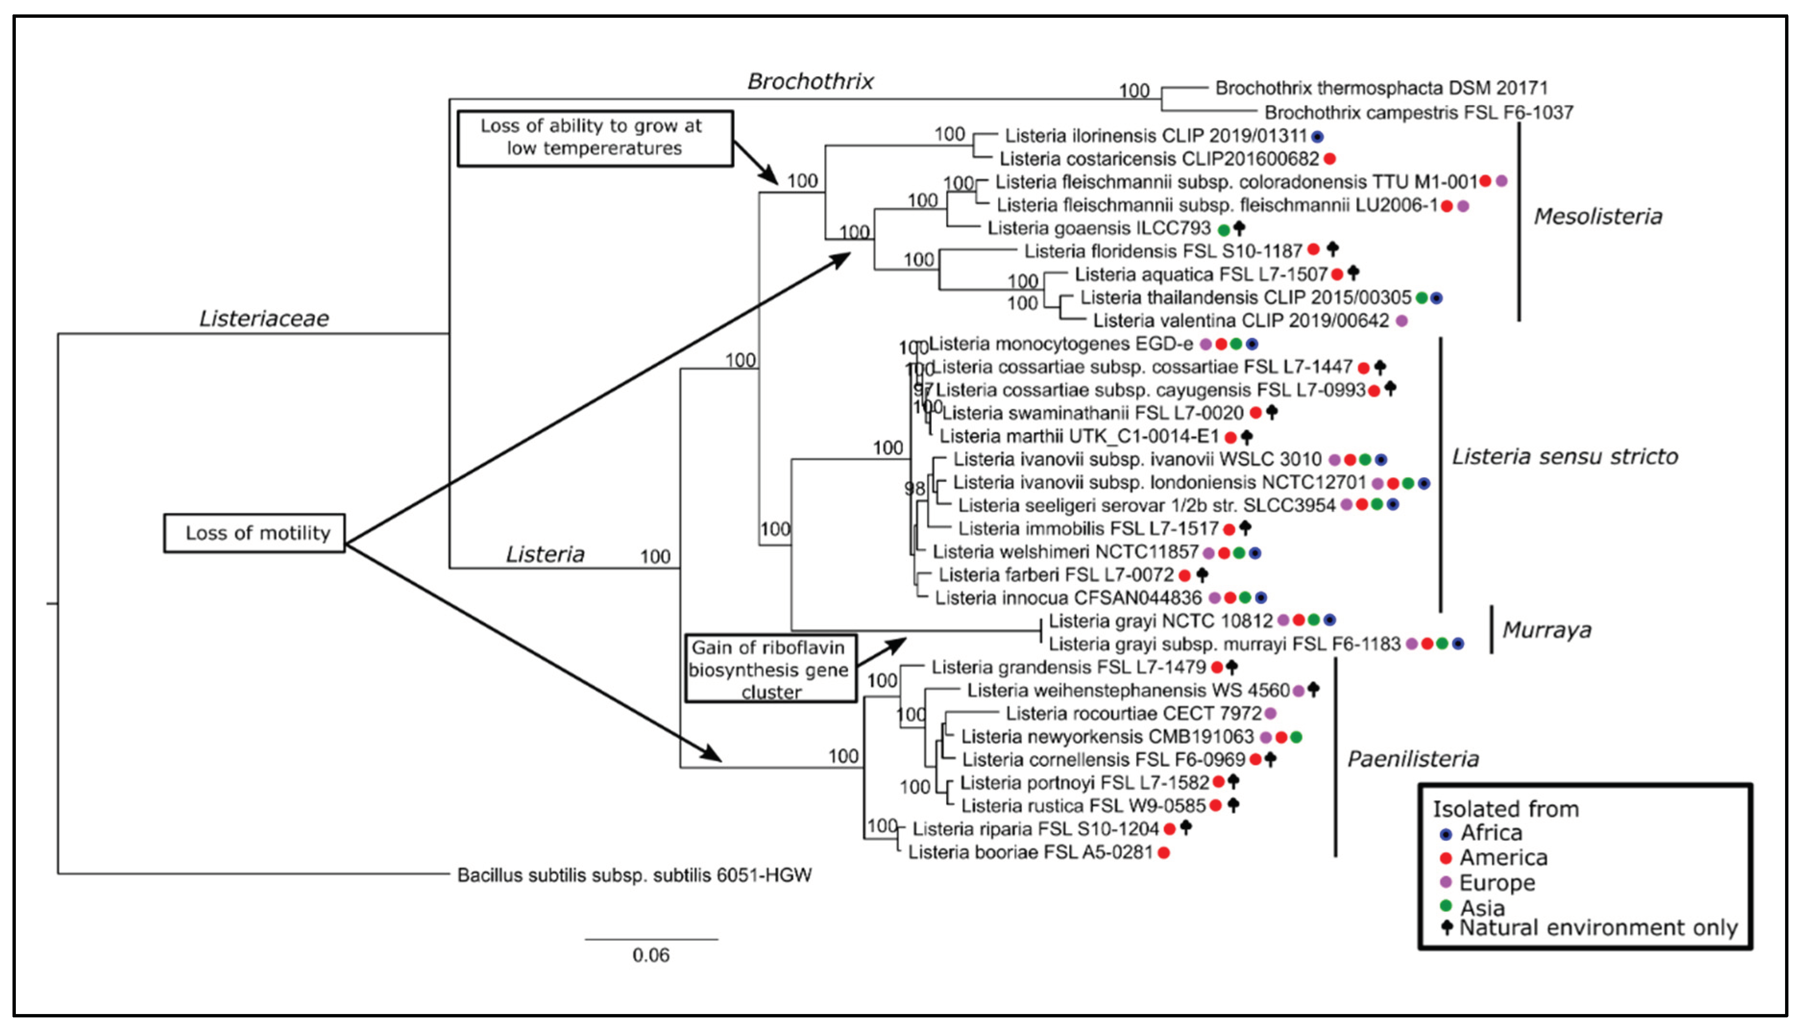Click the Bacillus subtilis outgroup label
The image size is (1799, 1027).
click(633, 875)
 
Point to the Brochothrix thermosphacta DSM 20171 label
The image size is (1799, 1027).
click(1381, 88)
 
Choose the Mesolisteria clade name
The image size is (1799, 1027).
click(1597, 216)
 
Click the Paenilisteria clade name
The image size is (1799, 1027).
click(1412, 759)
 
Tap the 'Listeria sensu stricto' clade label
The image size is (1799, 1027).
click(1564, 457)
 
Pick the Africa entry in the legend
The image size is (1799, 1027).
click(1490, 833)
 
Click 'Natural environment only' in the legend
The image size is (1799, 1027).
click(1597, 928)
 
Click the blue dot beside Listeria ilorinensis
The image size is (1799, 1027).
click(1317, 136)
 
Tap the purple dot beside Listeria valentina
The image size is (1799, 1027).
click(1402, 321)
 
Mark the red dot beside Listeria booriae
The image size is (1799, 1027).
click(1164, 853)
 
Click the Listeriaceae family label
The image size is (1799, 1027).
click(264, 318)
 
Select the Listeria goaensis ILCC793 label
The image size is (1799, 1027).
click(1098, 228)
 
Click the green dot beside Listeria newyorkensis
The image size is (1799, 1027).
click(1296, 737)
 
